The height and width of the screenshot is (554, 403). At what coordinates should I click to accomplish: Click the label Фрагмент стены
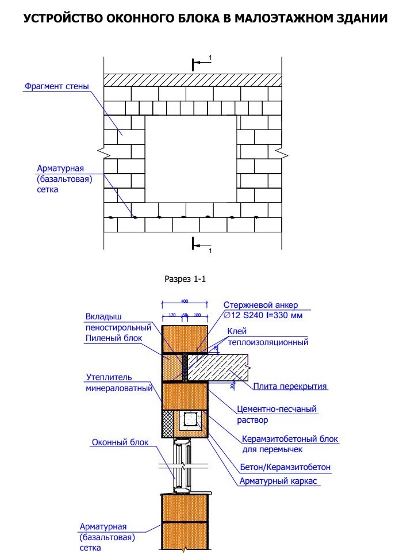pos(56,87)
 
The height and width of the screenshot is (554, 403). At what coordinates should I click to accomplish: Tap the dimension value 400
pos(184,301)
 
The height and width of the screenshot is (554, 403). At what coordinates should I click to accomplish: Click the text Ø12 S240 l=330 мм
pos(261,315)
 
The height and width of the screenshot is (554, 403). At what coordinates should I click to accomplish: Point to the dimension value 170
pos(171,315)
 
